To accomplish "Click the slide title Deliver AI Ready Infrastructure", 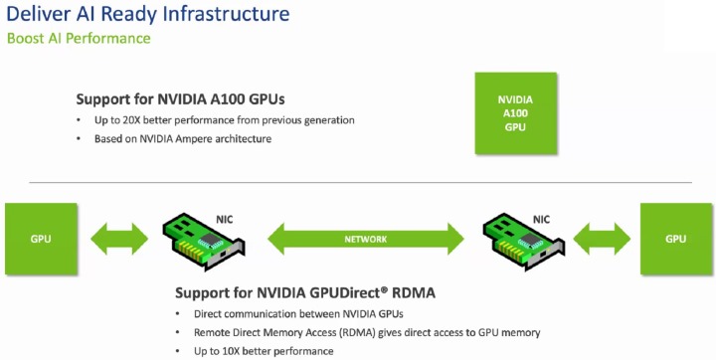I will click(148, 15).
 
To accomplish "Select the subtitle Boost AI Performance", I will click(79, 39).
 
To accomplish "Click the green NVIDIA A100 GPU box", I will click(514, 113).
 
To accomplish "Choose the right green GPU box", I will click(676, 239).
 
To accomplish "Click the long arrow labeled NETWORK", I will click(366, 240).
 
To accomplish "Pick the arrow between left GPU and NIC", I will click(118, 240).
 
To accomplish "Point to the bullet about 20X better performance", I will click(220, 120).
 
